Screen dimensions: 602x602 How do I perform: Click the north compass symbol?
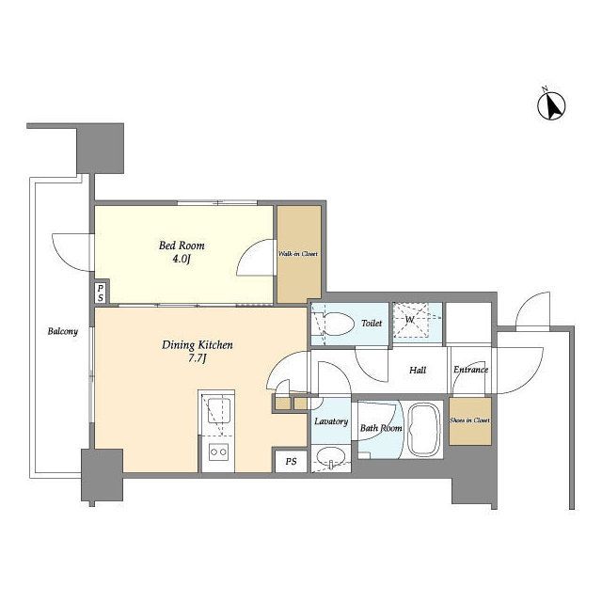point(551,104)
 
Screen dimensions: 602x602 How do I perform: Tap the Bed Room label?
point(182,246)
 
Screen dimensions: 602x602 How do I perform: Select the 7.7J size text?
point(198,359)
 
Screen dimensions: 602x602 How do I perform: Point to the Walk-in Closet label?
point(298,254)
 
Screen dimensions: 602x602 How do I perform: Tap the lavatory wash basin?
point(330,458)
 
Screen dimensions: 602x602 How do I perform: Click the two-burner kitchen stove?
point(218,452)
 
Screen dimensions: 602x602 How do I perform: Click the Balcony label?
point(63,331)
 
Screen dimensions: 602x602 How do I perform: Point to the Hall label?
point(418,370)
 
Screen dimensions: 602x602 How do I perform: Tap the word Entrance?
point(470,370)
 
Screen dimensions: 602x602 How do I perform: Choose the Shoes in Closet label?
point(470,420)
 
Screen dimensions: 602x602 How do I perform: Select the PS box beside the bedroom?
point(101,293)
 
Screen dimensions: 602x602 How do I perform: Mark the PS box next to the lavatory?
point(291,461)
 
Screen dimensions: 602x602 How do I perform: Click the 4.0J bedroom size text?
point(182,260)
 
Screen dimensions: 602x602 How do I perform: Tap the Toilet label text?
point(372,324)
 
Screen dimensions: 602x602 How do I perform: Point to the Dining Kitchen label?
point(197,345)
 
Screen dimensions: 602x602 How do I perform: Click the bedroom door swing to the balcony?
point(71,252)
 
